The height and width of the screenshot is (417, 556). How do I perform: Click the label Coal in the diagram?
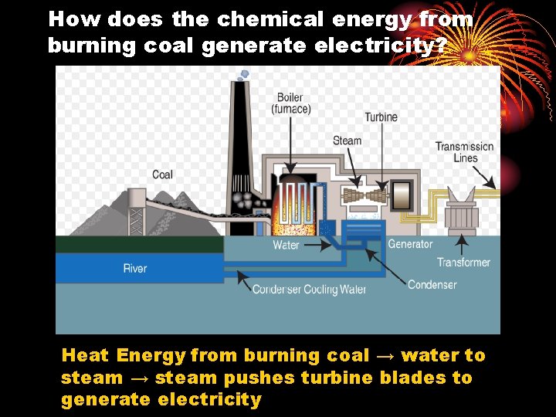coord(162,175)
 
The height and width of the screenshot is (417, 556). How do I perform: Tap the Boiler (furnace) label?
coord(291,103)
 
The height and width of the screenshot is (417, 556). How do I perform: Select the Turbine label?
coord(381,117)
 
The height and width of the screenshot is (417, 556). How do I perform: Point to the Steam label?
coord(347,141)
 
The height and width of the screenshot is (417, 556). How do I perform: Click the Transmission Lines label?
coord(465,152)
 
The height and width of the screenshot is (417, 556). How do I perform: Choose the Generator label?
coord(410,245)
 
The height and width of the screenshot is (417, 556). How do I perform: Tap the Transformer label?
coord(463,263)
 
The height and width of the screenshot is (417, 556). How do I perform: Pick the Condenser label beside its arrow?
coord(432,285)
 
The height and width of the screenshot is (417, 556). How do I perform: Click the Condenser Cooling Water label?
coord(309,290)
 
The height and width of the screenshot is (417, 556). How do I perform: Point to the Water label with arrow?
coord(286,246)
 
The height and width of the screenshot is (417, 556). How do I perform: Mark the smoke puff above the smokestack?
coord(244,74)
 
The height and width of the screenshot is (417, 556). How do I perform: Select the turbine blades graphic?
coord(365,196)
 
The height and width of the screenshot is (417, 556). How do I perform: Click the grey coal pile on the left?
coord(108,212)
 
